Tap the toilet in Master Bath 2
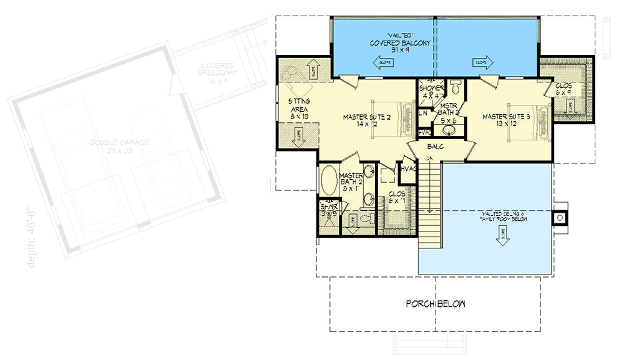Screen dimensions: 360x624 (x=370, y=218)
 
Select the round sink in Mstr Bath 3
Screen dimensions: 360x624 (x=448, y=131)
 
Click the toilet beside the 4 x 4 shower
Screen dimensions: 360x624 (x=455, y=85)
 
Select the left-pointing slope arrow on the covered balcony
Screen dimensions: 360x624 (x=381, y=62)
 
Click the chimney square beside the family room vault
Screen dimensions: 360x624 (x=560, y=218)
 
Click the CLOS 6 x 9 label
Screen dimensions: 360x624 (x=563, y=88)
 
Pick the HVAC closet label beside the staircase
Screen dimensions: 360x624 (x=409, y=169)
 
